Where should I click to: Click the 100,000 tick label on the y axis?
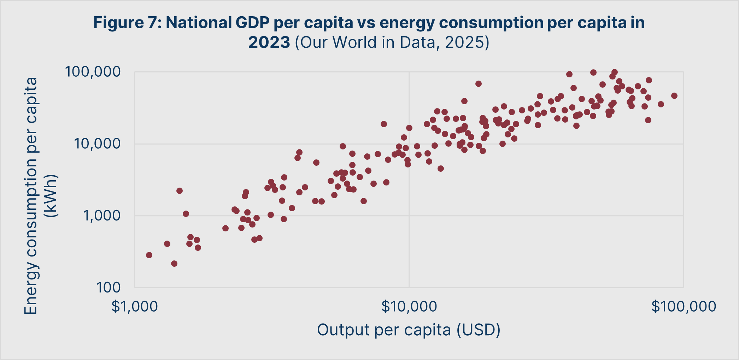93,72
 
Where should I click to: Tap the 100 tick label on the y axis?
108,288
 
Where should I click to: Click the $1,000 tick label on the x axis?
134,306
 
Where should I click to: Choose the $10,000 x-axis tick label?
409,306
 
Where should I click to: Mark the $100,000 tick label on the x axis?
684,306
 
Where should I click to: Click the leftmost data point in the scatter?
149,255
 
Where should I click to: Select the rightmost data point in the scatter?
674,96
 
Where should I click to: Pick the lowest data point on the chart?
174,264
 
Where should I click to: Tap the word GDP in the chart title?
253,23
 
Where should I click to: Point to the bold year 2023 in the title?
269,42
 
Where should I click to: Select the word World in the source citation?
355,42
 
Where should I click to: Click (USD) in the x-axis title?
478,330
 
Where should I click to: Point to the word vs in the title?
366,23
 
